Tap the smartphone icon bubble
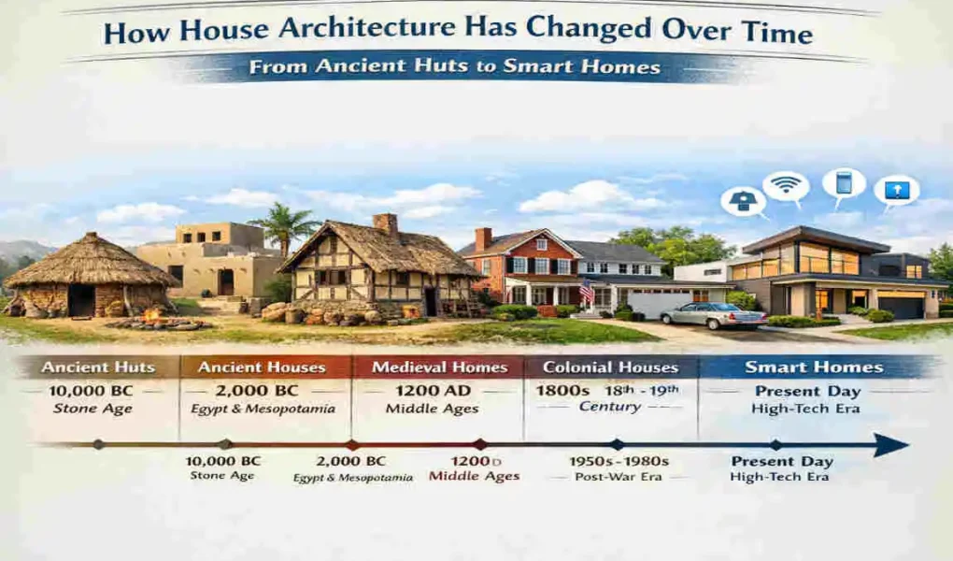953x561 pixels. coord(844,182)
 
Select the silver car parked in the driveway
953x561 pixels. coord(713,316)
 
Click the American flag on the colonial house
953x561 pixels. coord(586,293)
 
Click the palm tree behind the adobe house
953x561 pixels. coord(286,224)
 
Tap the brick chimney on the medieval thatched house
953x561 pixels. coord(384,225)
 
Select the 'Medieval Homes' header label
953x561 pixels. coord(439,367)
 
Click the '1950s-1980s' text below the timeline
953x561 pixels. coord(619,461)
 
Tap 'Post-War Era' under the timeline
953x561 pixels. coord(619,477)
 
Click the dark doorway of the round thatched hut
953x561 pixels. coord(81,300)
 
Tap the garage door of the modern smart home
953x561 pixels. coord(900,306)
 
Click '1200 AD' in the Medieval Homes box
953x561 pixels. coord(438,390)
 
